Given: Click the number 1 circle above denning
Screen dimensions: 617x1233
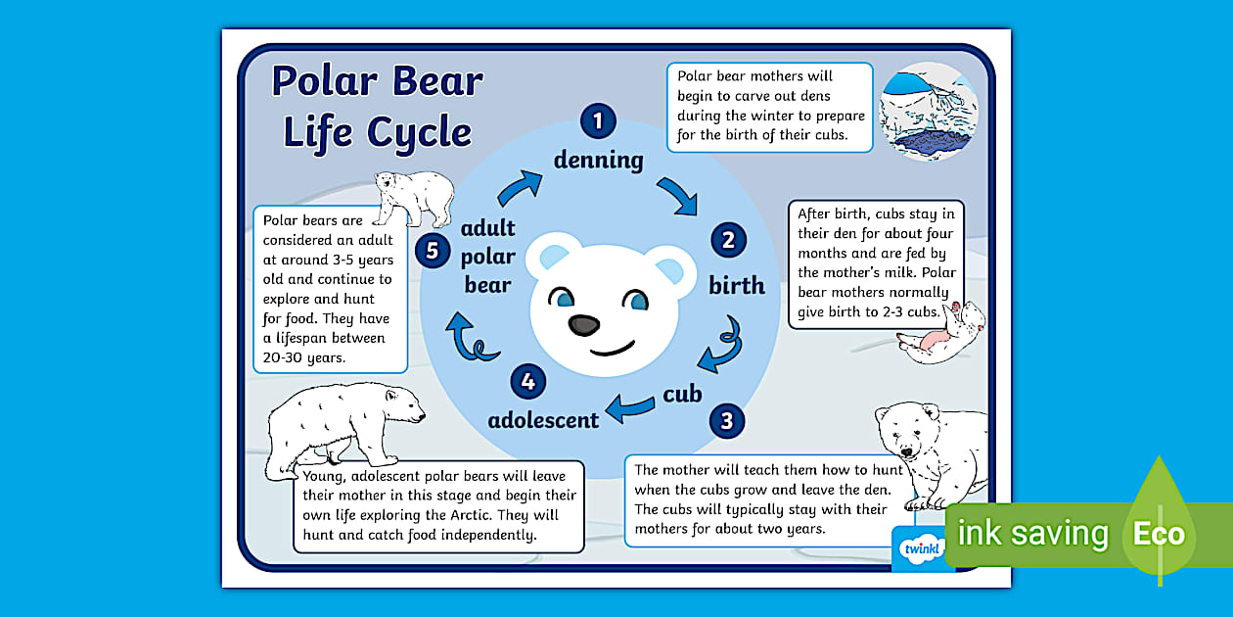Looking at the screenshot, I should point(598,121).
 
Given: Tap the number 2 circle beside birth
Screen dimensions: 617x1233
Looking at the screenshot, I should point(728,240).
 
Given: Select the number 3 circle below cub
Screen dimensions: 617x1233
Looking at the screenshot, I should point(726,421).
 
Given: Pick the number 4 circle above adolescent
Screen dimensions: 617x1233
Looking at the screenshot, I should point(527,381).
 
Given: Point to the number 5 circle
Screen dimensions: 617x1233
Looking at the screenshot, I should point(432,251).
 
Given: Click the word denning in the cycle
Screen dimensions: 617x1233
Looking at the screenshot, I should point(598,160).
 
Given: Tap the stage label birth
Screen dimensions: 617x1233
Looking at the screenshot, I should point(736,285).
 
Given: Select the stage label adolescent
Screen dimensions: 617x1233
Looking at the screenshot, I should point(543,420).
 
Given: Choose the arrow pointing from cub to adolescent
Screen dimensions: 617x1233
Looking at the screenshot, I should point(630,405).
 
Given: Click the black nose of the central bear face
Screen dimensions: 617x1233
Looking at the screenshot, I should point(584,325).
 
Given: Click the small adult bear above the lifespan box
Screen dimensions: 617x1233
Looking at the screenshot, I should point(414,195).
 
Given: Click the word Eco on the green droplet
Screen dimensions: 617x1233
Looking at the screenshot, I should point(1159,535).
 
